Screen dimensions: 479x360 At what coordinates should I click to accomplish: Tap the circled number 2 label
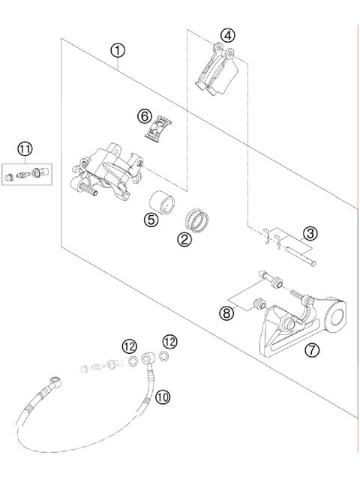[x=182, y=240]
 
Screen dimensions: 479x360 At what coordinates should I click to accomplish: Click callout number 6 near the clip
[x=145, y=116]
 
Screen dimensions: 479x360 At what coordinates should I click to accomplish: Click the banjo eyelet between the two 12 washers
[x=150, y=357]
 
